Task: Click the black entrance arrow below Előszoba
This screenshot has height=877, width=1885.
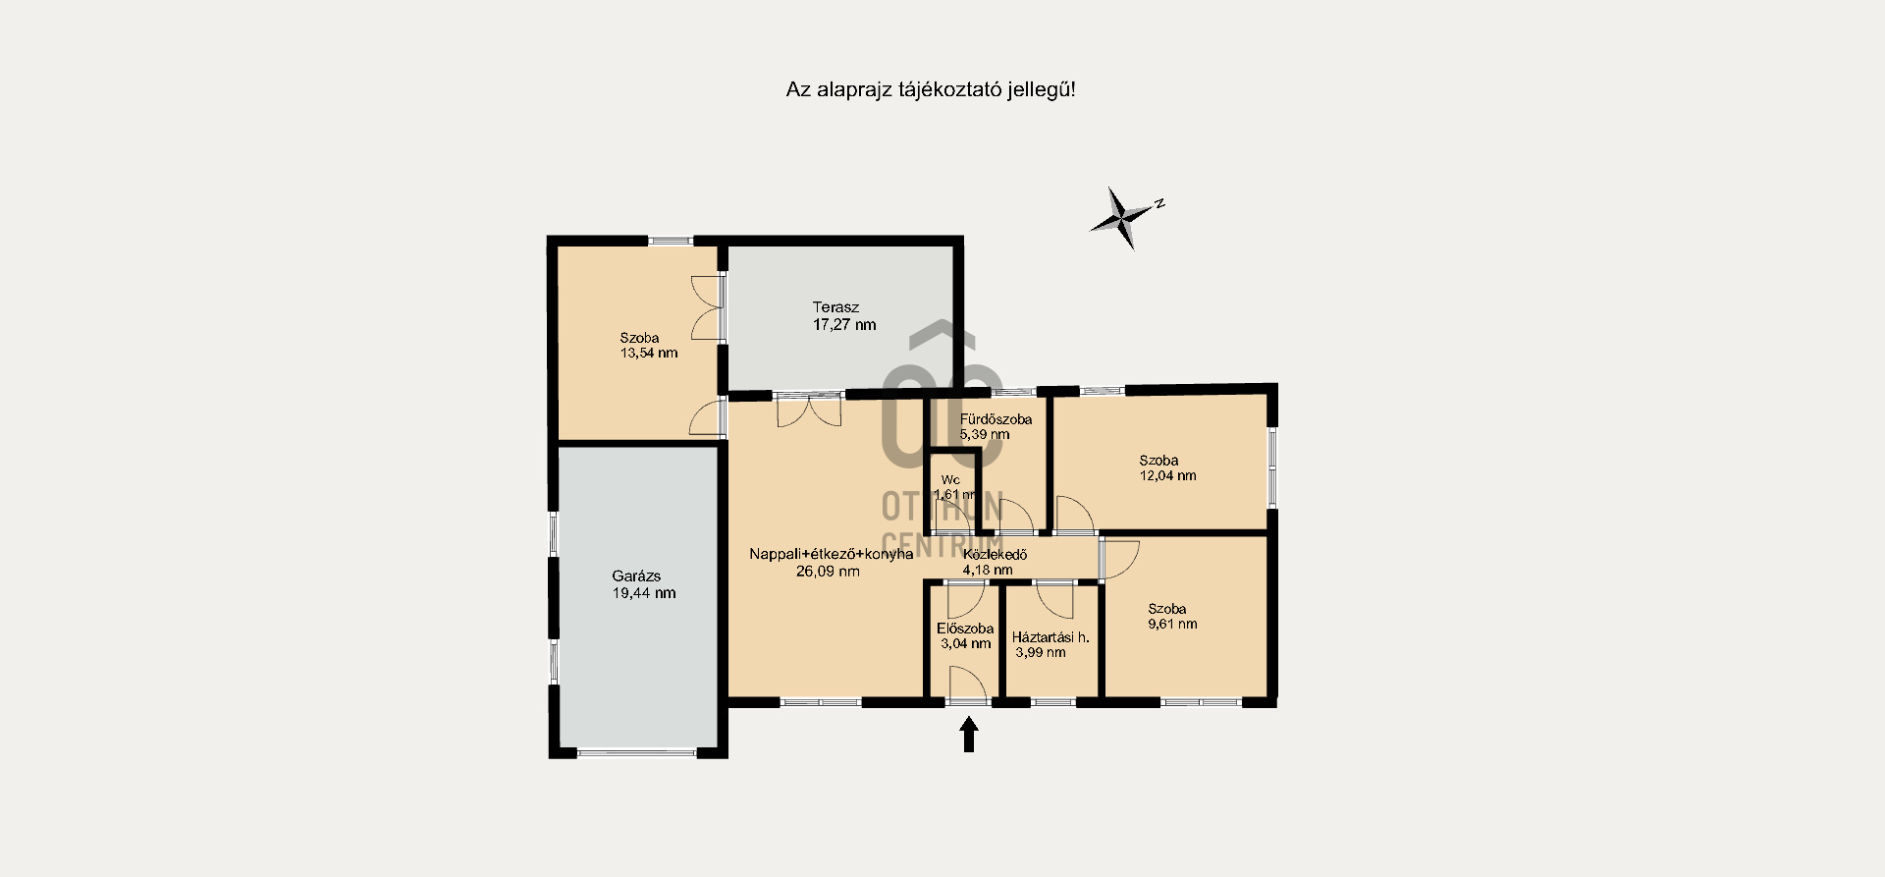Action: coord(969,735)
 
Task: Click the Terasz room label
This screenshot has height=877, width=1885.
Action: coord(835,307)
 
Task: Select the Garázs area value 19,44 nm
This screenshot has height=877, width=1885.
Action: coord(644,593)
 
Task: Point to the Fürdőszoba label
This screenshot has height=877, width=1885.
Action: coord(996,419)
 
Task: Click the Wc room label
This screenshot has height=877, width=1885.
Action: coord(950,480)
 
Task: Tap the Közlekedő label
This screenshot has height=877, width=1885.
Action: coord(995,555)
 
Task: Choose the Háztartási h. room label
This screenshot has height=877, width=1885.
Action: coord(1050,637)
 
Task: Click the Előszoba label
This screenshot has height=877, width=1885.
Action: coord(965,629)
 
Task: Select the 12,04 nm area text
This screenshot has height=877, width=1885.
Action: coord(1167,475)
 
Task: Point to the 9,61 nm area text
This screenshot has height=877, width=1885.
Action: coord(1172,624)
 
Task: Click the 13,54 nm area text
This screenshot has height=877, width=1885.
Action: coord(649,353)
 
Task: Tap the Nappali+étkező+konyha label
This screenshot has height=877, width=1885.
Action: coord(832,554)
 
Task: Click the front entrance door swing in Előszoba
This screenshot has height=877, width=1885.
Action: coord(967,685)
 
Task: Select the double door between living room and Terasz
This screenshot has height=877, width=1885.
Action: coord(809,411)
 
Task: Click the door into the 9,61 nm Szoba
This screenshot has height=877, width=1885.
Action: coord(1119,560)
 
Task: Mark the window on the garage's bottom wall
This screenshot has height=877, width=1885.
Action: coord(636,753)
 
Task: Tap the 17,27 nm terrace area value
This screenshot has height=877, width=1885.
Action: coord(844,325)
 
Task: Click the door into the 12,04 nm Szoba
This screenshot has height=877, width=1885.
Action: coord(1075,516)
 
